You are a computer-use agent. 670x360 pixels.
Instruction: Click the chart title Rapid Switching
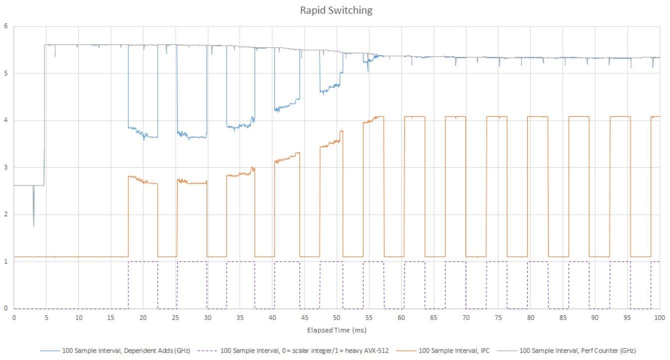(335, 10)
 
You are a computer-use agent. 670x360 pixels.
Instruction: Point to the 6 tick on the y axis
(5, 26)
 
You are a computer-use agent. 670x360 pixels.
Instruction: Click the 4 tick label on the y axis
(5, 120)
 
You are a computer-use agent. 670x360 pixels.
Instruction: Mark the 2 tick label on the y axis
(5, 215)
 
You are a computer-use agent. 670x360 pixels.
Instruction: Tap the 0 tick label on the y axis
(5, 309)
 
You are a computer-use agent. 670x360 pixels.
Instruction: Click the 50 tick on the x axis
(337, 317)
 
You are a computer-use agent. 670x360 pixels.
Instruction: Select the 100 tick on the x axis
(660, 317)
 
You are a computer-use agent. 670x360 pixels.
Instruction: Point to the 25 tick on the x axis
(175, 317)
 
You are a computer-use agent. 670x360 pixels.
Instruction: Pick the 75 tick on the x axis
(498, 317)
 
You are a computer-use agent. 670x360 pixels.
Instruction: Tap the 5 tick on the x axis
(46, 317)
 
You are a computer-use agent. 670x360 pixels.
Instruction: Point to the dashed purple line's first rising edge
(128, 285)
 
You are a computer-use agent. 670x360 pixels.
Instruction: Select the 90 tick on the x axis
(595, 317)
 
